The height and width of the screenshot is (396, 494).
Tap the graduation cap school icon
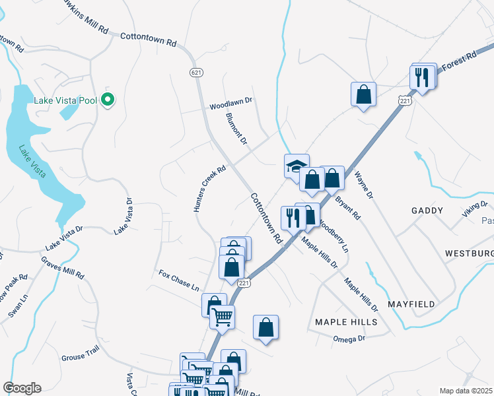pos(297,166)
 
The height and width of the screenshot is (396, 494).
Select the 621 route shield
pos(195,71)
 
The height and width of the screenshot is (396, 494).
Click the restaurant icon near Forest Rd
pos(423,77)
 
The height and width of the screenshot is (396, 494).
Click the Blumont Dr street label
pos(236,128)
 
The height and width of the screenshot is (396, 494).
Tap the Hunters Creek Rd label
pos(209,189)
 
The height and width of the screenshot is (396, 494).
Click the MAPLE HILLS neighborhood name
pos(346,322)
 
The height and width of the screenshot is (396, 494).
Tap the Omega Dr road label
pos(349,339)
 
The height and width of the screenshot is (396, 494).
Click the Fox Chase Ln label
pos(178,280)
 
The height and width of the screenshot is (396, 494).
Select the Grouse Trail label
pos(81,357)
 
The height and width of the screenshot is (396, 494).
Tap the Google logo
pos(22,388)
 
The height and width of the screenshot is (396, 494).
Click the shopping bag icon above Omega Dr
pos(265,327)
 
